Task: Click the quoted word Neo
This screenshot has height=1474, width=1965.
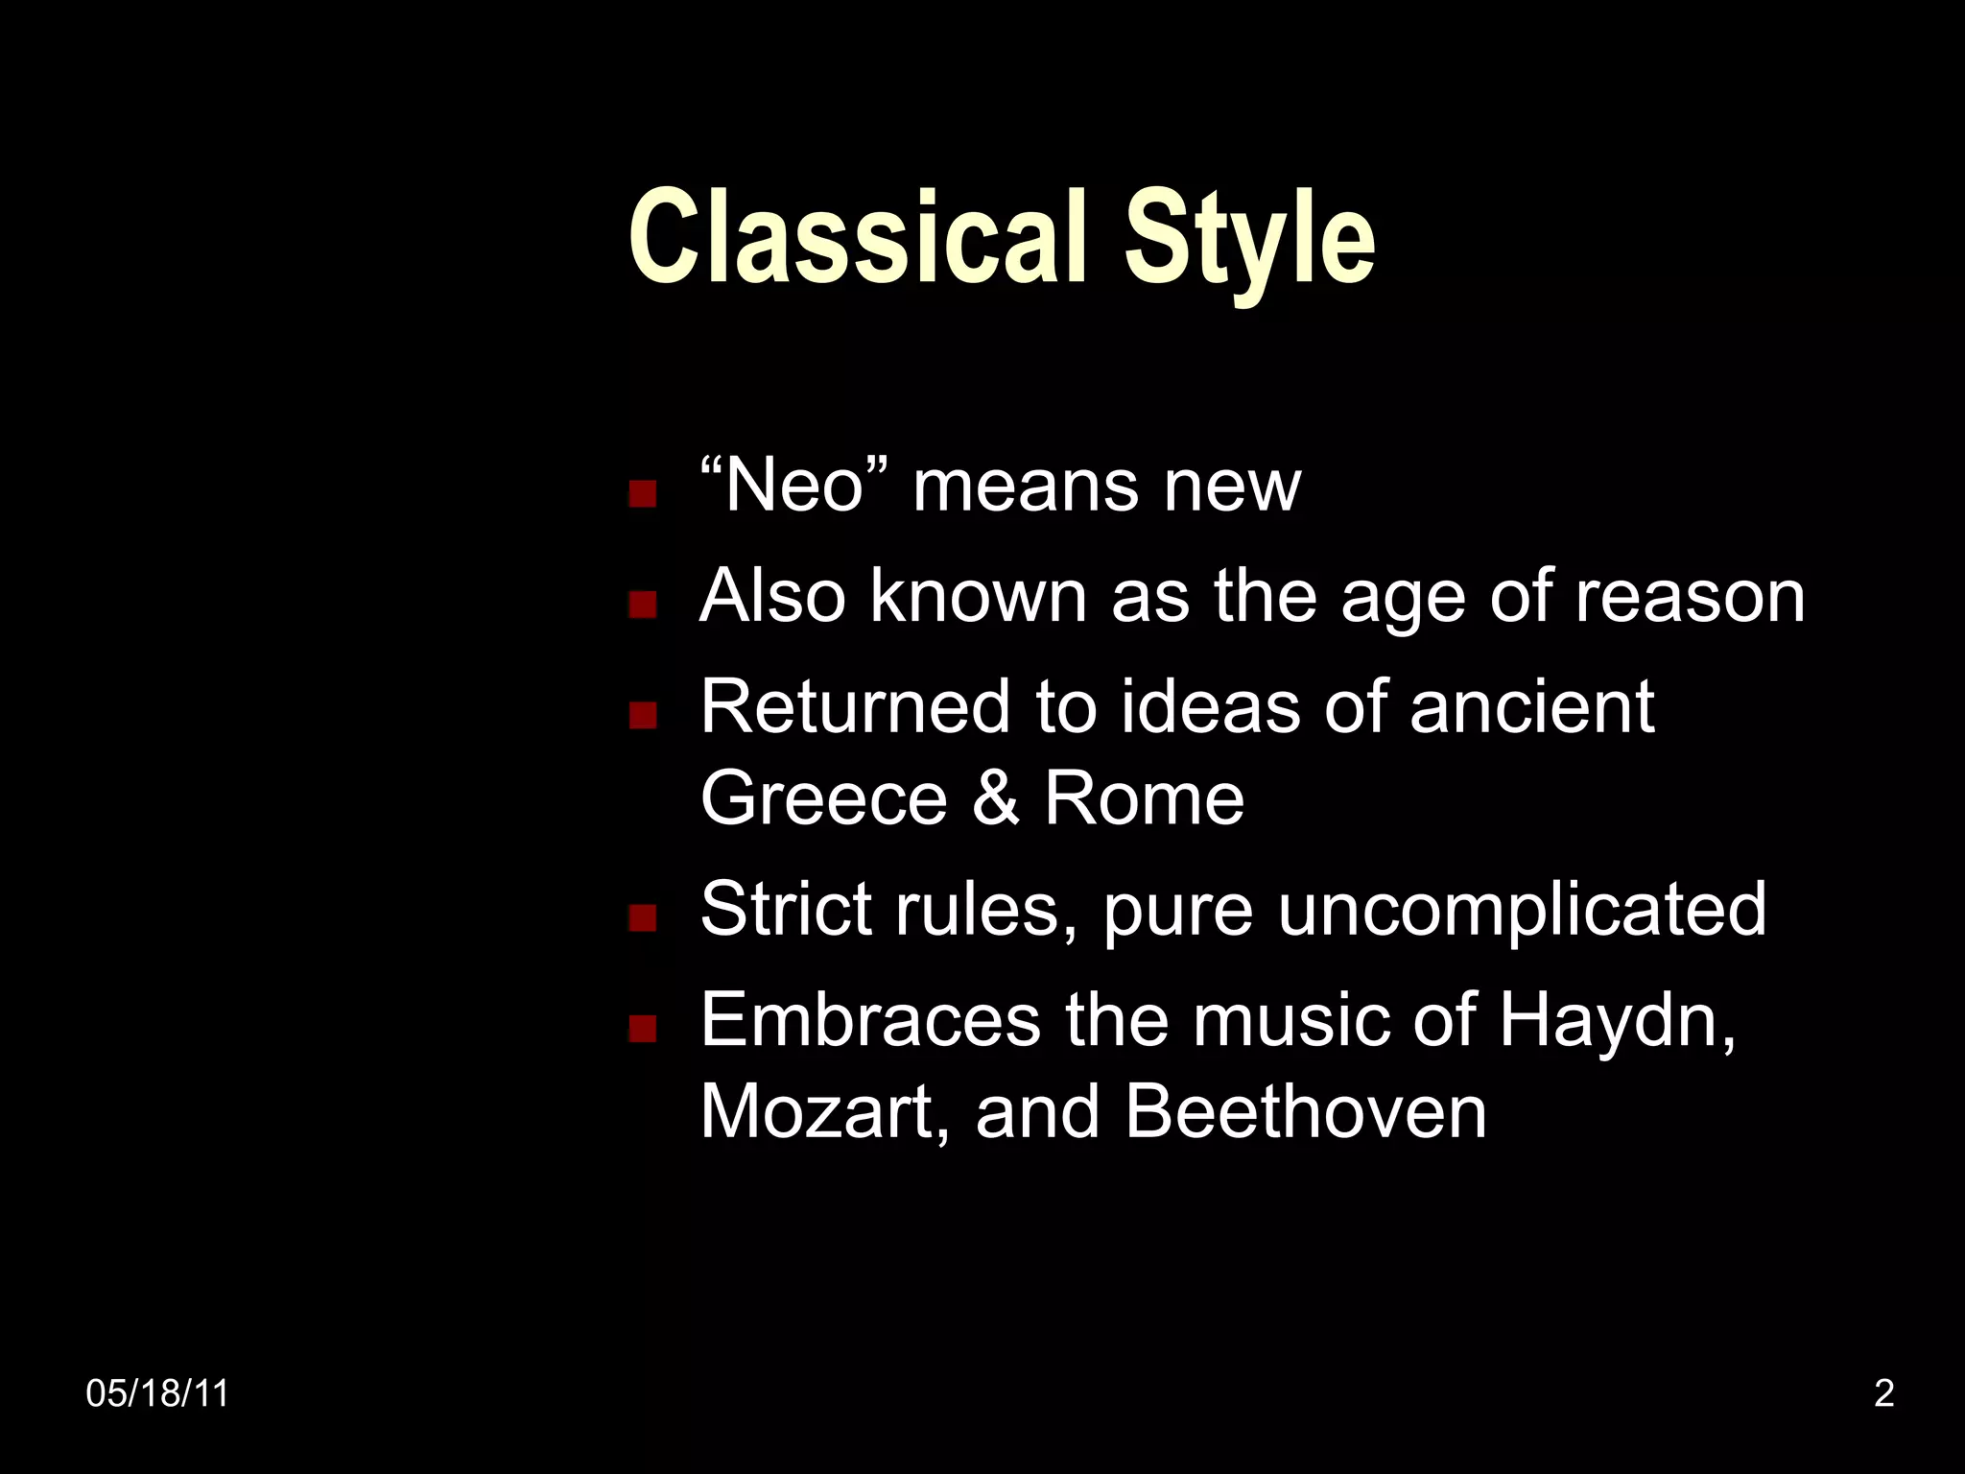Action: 794,486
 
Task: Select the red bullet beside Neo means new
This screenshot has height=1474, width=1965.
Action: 642,493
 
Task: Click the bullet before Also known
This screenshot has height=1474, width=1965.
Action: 642,604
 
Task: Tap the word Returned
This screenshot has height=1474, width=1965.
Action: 855,707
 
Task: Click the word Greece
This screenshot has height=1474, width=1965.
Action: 823,798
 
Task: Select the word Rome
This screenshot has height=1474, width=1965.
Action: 1144,798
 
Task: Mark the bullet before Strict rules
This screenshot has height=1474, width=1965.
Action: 642,917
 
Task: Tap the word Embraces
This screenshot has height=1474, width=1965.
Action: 870,1020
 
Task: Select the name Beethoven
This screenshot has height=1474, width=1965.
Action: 1305,1112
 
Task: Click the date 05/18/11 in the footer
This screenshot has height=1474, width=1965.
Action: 157,1393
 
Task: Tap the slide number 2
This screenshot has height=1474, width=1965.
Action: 1883,1393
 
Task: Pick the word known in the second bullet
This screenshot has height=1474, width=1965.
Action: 979,597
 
